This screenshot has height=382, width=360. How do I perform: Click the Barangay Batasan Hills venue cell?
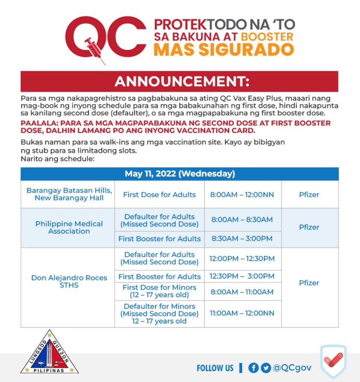tap(69, 194)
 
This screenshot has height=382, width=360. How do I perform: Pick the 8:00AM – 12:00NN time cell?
tap(243, 194)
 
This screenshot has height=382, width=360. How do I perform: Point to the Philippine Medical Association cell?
tap(69, 228)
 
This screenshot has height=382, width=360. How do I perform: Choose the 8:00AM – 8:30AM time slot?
tap(243, 220)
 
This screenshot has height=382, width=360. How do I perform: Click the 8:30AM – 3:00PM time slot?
tap(243, 239)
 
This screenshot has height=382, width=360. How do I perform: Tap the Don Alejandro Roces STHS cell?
tap(69, 282)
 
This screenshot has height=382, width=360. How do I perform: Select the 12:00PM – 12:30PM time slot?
tap(243, 259)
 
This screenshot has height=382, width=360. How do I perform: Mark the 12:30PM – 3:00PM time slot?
tap(243, 276)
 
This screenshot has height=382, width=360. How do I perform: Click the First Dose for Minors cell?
tap(159, 291)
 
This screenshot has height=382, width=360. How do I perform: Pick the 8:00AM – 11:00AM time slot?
tap(243, 291)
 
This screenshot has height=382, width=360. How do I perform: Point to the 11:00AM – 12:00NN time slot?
tap(243, 313)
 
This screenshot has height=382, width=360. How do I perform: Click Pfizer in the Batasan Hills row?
tap(309, 194)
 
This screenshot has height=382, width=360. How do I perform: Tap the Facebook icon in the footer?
tap(253, 368)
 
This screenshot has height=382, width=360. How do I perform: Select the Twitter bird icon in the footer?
tap(266, 368)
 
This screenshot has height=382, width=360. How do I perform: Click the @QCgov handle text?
tap(292, 368)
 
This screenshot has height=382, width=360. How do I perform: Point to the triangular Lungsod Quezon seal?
tap(50, 354)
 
